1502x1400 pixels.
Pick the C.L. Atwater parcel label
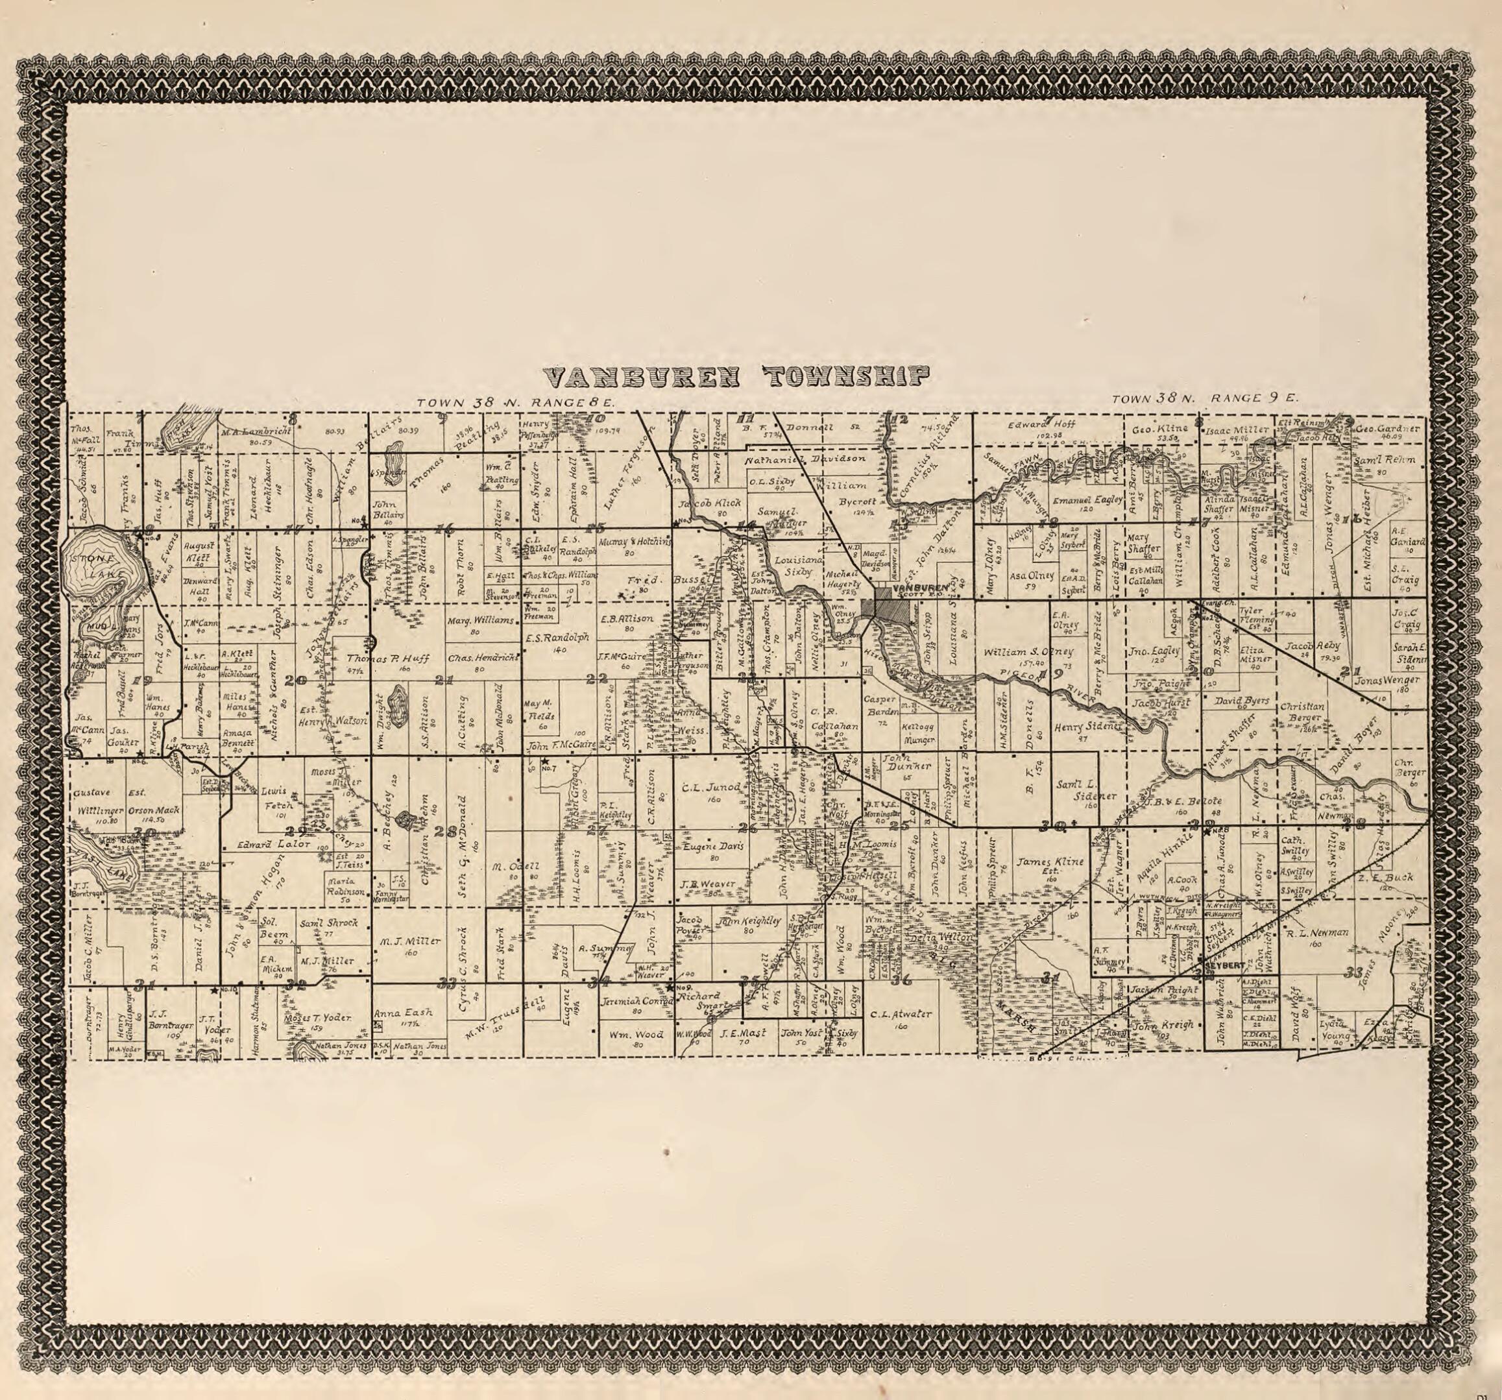tap(901, 1014)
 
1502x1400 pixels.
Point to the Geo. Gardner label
tap(1388, 428)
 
